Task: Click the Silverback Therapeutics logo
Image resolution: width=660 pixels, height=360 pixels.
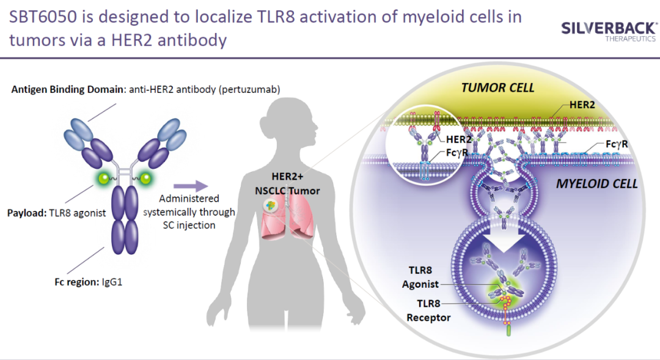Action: [609, 32]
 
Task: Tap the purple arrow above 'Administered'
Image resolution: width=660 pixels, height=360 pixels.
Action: [191, 186]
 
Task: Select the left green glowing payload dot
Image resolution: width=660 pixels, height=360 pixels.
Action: [103, 178]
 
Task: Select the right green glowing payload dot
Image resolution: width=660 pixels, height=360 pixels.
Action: [145, 178]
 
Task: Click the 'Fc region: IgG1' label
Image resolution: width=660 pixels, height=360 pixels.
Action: [89, 282]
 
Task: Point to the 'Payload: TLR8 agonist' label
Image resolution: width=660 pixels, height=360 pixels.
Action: [56, 213]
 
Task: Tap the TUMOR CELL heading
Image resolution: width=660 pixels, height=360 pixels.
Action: [497, 87]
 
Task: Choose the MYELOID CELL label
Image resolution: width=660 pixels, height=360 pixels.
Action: [596, 183]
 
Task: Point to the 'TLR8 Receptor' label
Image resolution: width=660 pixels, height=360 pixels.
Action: [428, 310]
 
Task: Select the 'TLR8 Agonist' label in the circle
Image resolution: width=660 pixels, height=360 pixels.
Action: [420, 277]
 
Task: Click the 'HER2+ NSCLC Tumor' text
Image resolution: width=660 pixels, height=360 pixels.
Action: [287, 183]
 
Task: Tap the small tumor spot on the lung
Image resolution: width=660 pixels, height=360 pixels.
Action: [270, 205]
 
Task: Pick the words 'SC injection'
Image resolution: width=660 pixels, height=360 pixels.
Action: [189, 226]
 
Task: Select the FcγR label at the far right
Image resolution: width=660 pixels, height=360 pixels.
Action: [617, 144]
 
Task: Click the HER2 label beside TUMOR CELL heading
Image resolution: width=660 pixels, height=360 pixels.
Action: [582, 105]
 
